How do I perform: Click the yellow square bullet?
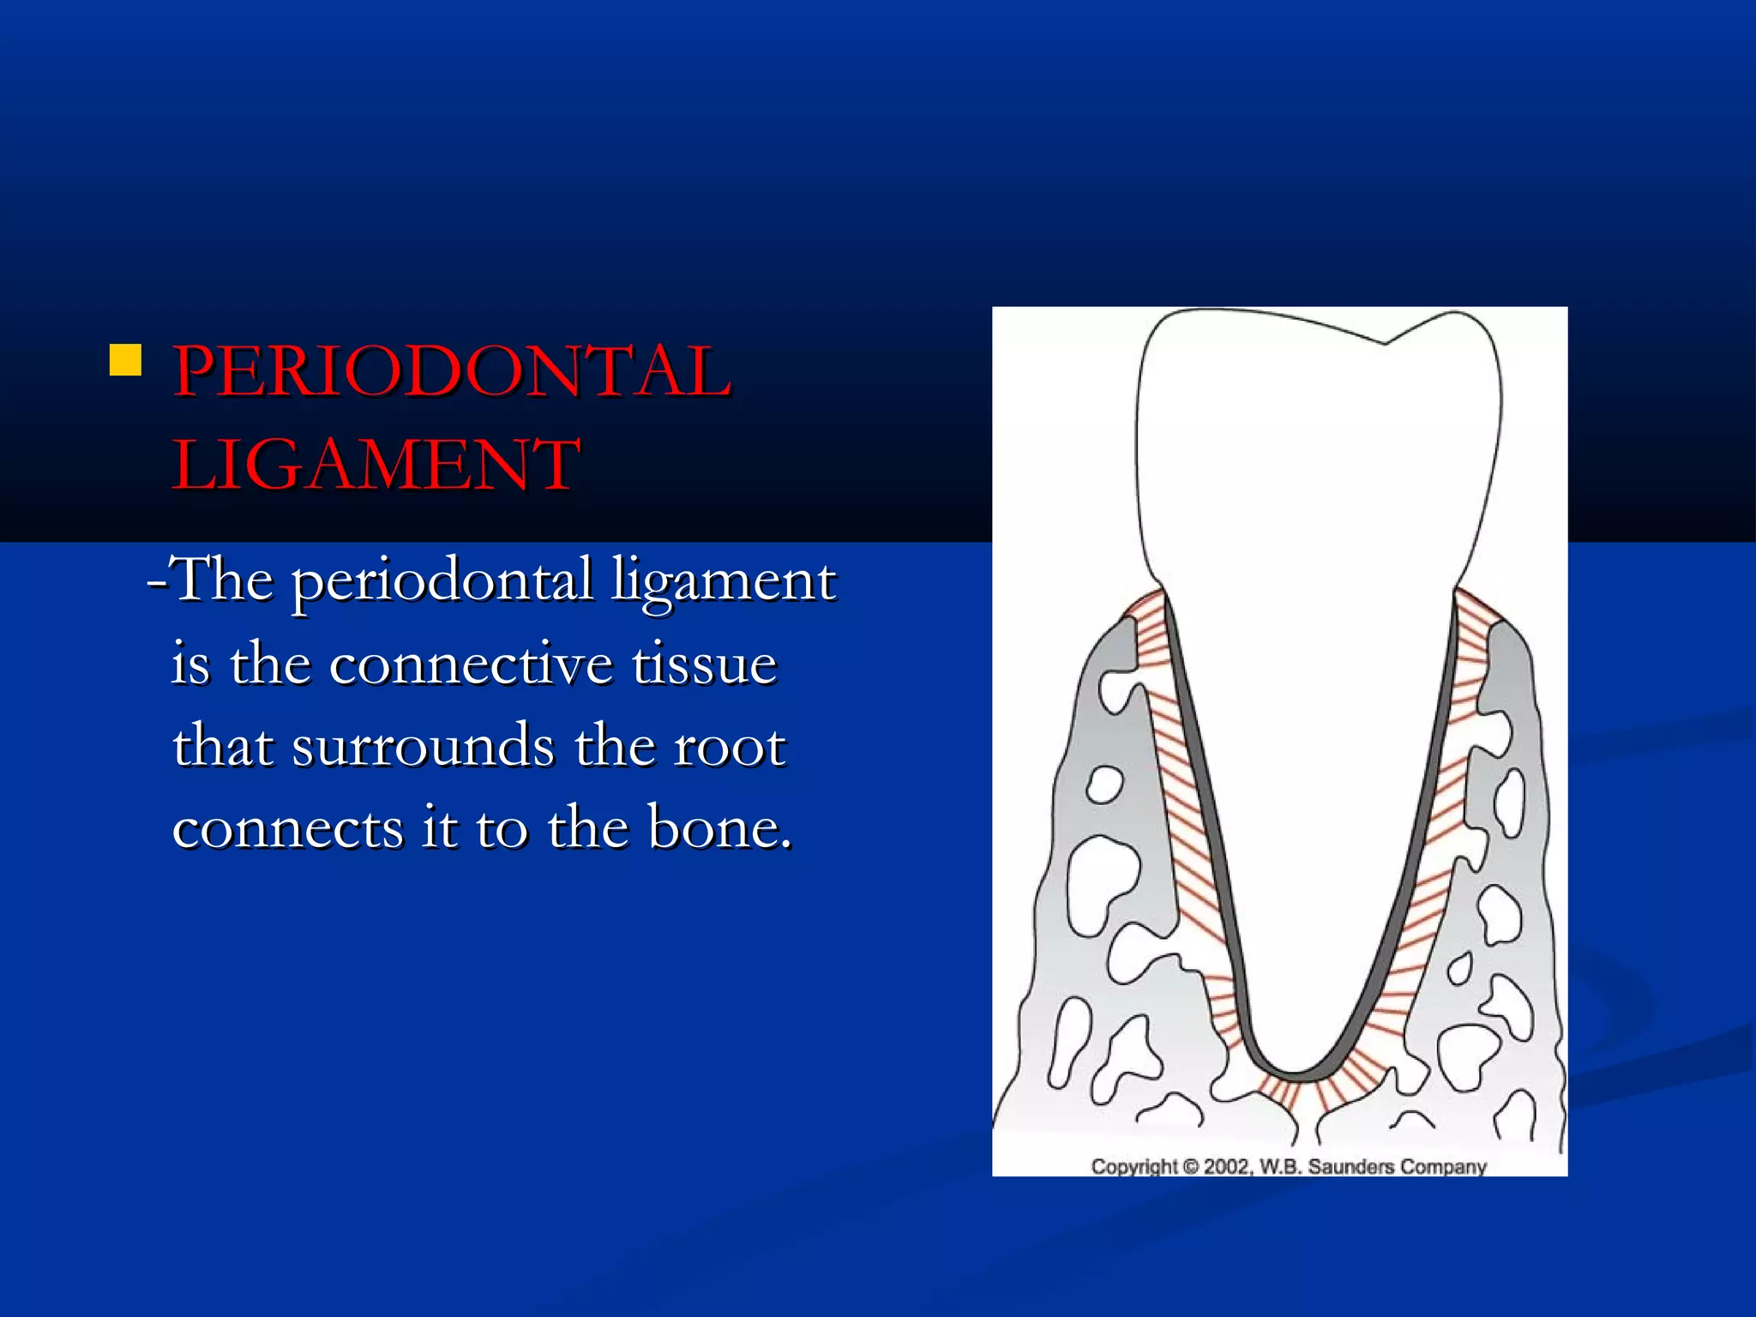(x=125, y=360)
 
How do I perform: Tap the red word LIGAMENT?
(x=376, y=464)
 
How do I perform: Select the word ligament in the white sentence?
(x=723, y=581)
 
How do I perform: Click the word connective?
(x=471, y=665)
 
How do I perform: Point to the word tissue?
(x=704, y=665)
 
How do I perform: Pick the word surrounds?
(x=423, y=746)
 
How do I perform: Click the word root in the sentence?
(x=729, y=746)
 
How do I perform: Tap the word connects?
(x=288, y=828)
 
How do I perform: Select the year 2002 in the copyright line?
(x=1227, y=1167)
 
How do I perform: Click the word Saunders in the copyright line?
(x=1350, y=1167)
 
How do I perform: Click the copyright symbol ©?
(x=1190, y=1167)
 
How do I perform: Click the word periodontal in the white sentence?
(x=442, y=581)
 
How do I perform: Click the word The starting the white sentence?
(x=223, y=581)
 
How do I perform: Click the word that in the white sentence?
(x=223, y=746)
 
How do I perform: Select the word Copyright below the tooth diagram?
(x=1134, y=1167)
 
